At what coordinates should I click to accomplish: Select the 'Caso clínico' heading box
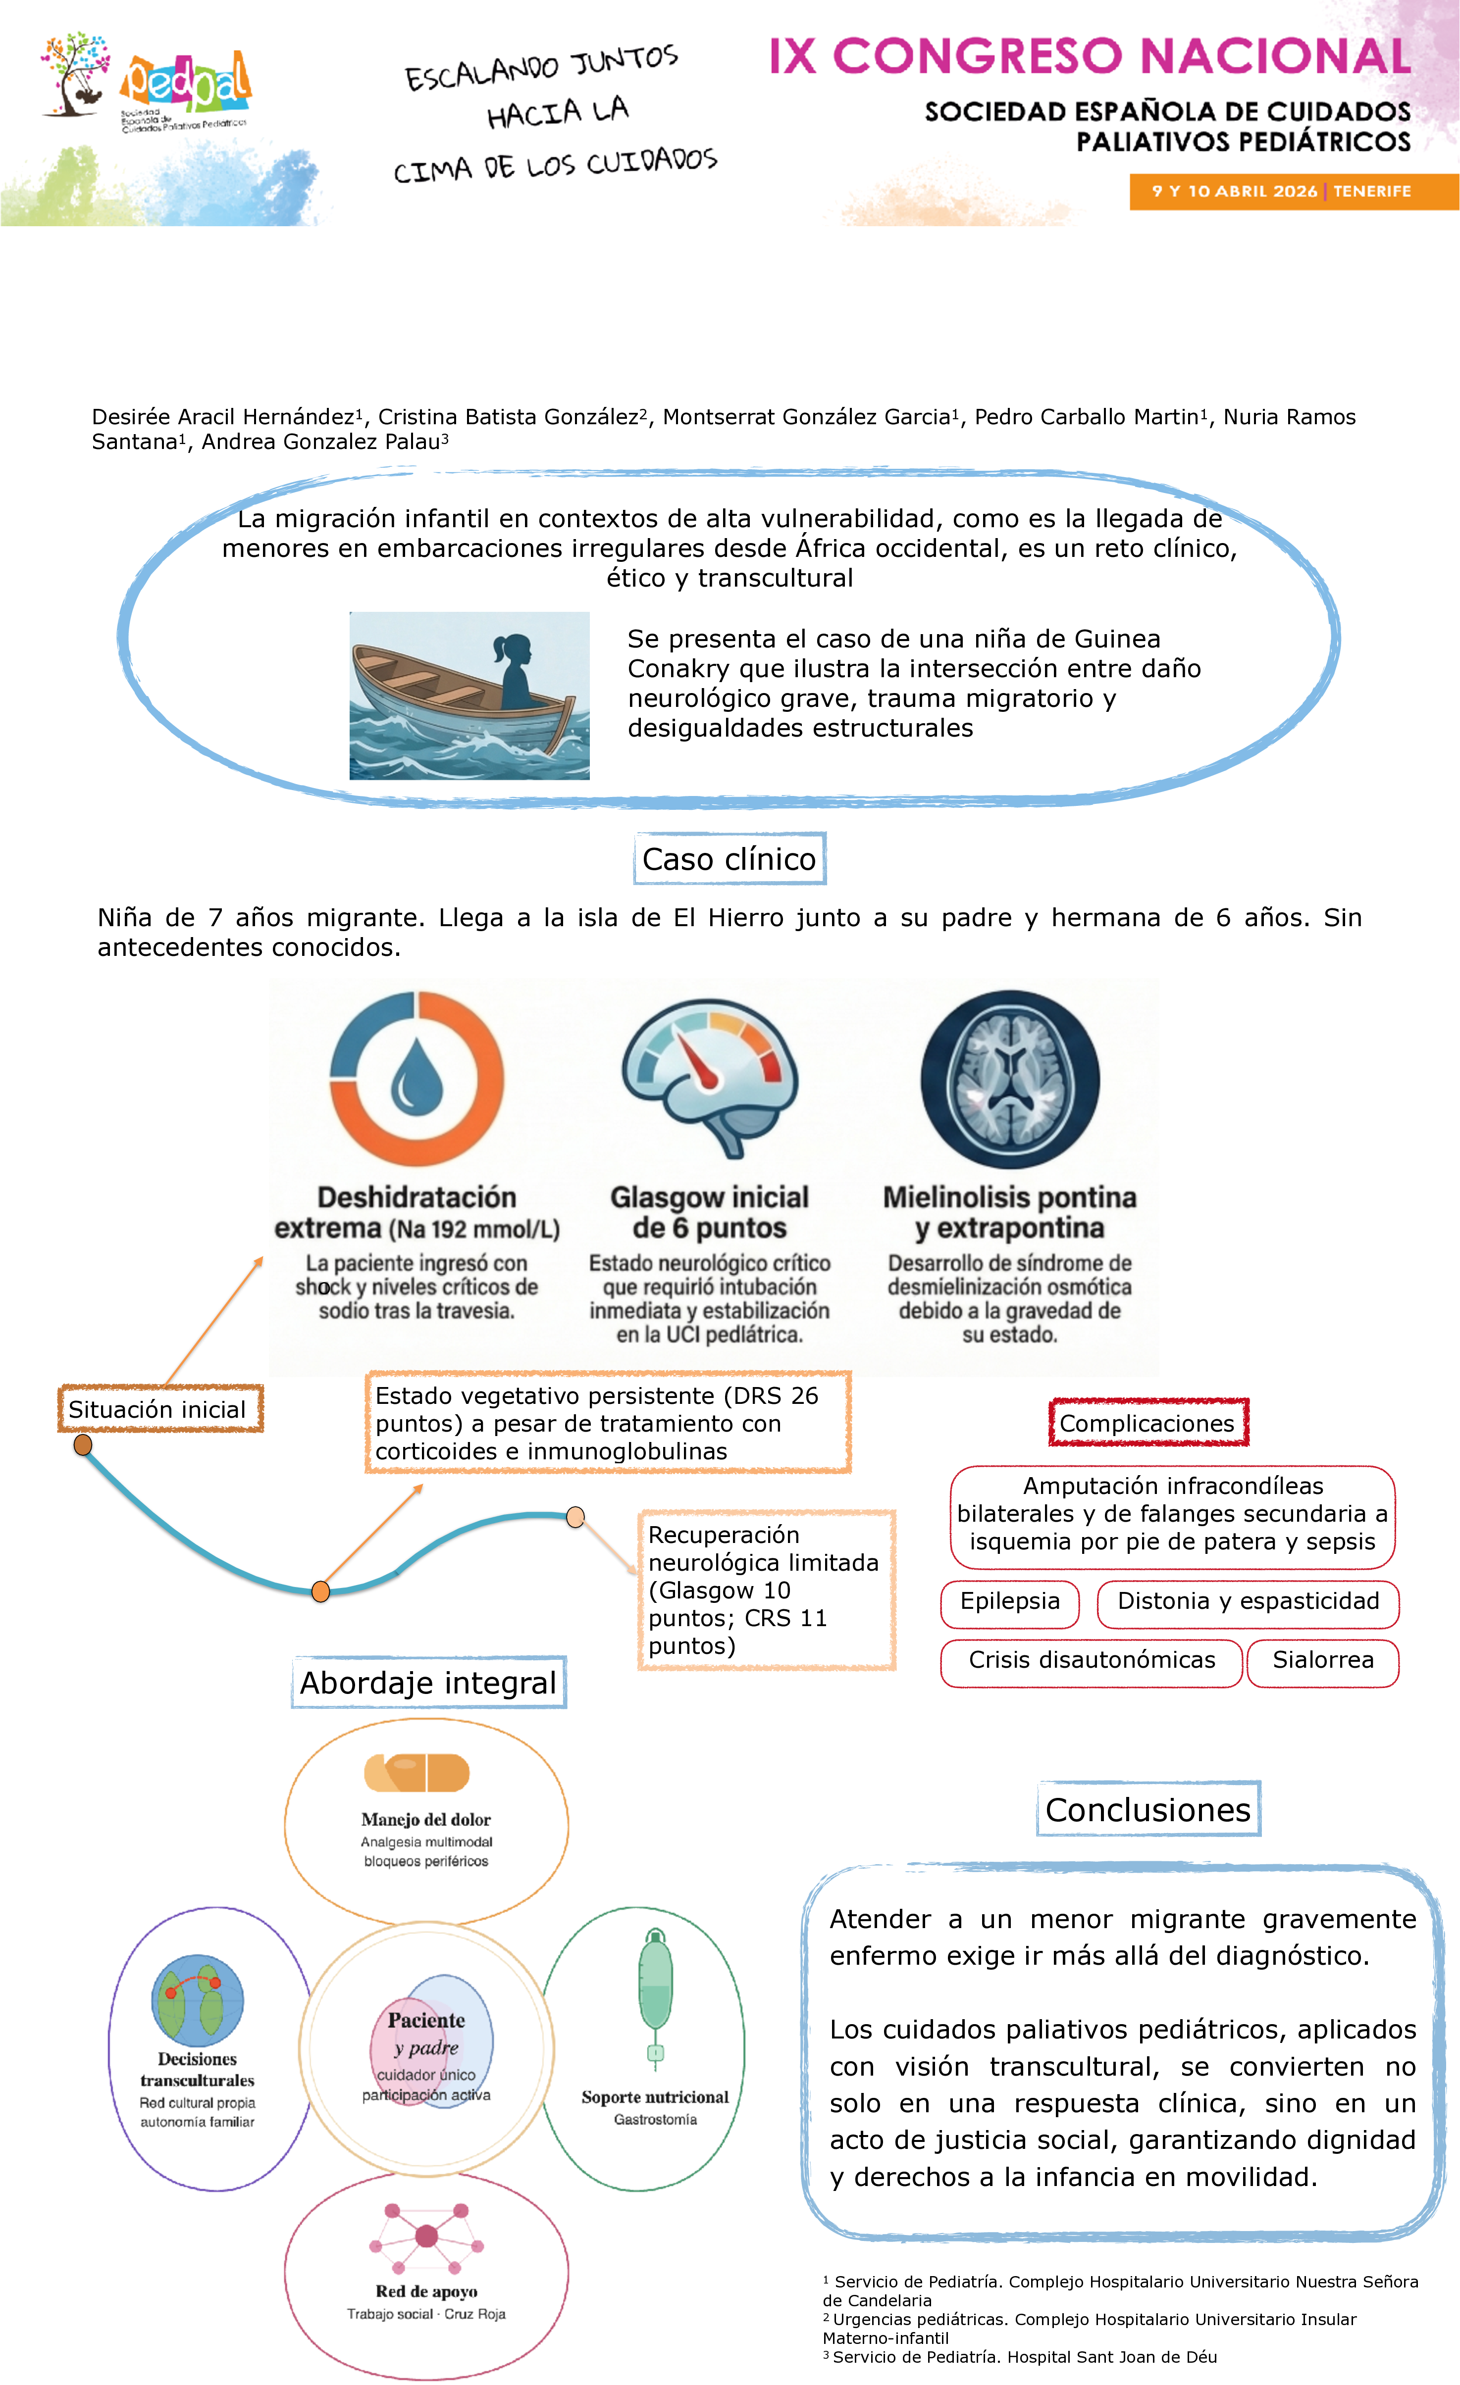click(729, 858)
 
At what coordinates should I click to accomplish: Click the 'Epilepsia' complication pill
click(1010, 1601)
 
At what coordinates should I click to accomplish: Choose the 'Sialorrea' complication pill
click(1322, 1660)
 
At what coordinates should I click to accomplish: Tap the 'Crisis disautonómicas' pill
click(1091, 1660)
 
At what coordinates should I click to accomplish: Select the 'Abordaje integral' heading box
click(428, 1682)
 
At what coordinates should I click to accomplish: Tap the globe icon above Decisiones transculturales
click(198, 1999)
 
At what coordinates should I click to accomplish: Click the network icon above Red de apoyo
click(426, 2236)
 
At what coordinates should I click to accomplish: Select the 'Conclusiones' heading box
click(1148, 1809)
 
